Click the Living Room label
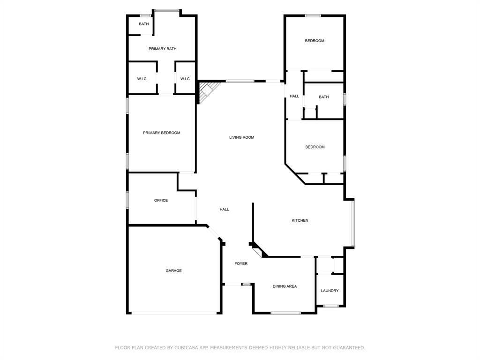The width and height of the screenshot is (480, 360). point(241,137)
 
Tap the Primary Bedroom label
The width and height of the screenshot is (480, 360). point(161,133)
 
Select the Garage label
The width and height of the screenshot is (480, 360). point(173,270)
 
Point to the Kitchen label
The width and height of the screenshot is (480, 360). point(300,220)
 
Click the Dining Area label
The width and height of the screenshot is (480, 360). point(285,286)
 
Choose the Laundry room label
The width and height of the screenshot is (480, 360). point(330,291)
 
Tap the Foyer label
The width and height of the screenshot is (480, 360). point(241,263)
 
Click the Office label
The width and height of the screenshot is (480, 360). point(161,200)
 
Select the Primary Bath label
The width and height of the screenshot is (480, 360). point(162,49)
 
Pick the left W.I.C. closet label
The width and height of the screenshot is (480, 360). point(142,79)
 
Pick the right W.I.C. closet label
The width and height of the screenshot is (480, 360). point(186,79)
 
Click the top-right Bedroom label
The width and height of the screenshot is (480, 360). point(315,41)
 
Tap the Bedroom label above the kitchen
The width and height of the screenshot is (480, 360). point(315,147)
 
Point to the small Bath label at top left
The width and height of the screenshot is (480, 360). point(144,24)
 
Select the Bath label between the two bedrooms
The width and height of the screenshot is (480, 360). point(324,97)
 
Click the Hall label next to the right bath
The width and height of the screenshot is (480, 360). point(294,96)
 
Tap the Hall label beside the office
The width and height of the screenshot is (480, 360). point(225,209)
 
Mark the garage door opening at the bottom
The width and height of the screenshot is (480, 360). point(173,313)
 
